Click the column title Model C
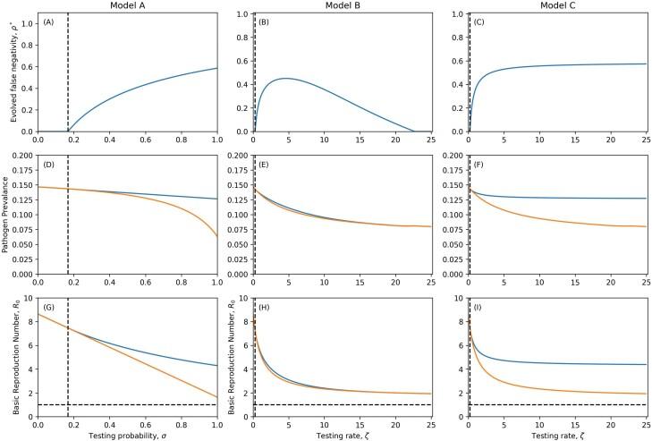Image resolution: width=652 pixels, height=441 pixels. coord(556,5)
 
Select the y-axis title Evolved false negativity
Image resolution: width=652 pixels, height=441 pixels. coord(8,72)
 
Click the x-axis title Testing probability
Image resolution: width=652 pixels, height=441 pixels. coord(127,432)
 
